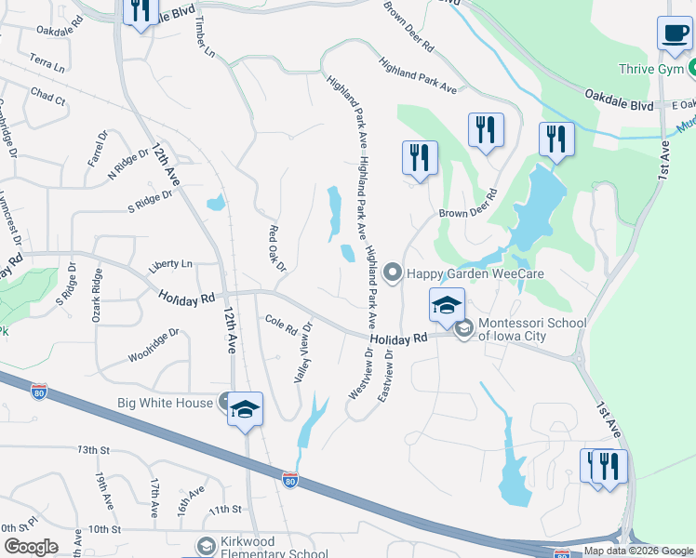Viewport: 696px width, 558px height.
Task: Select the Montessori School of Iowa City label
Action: click(x=531, y=330)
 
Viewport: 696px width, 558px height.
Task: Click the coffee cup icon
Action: click(x=675, y=34)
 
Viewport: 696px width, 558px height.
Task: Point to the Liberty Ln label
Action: click(x=170, y=265)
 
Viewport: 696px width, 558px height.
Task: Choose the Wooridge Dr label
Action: click(x=154, y=345)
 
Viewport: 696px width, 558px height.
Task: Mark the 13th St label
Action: click(x=94, y=450)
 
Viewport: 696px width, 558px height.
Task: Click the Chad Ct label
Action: click(x=47, y=95)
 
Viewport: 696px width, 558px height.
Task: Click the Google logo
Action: click(x=31, y=547)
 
